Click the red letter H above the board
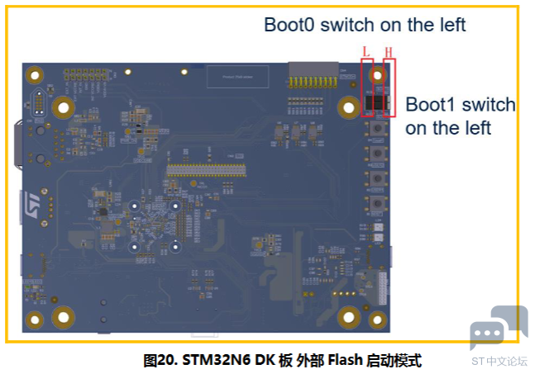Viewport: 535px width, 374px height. click(x=389, y=51)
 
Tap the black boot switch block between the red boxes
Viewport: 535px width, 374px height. click(x=377, y=103)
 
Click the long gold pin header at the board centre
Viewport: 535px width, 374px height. click(x=207, y=170)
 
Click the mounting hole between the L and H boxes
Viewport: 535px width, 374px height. click(x=378, y=75)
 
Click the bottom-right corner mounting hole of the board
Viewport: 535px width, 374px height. click(x=378, y=320)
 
